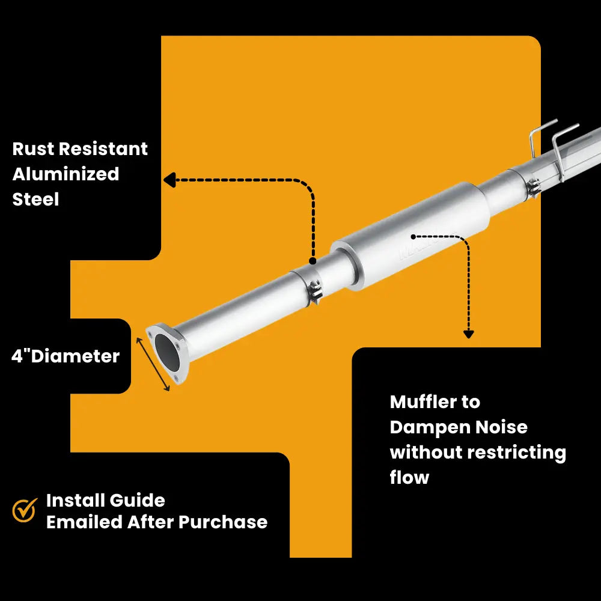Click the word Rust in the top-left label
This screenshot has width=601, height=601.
[32, 148]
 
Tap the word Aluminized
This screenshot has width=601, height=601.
[66, 174]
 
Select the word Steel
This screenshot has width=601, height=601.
[35, 200]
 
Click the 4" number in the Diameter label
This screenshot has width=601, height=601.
[20, 356]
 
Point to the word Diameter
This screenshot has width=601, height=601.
[76, 356]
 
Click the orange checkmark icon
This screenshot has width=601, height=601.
[25, 510]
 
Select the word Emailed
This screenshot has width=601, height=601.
[84, 522]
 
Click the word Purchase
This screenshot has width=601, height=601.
[223, 522]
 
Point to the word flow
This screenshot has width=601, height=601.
[409, 478]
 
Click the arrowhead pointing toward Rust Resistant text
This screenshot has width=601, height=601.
[169, 180]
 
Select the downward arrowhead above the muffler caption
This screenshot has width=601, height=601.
[468, 334]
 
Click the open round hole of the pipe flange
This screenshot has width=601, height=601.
[167, 352]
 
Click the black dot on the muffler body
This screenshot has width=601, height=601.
[413, 237]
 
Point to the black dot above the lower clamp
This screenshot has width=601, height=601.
[313, 261]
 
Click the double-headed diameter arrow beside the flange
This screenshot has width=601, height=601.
[153, 364]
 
